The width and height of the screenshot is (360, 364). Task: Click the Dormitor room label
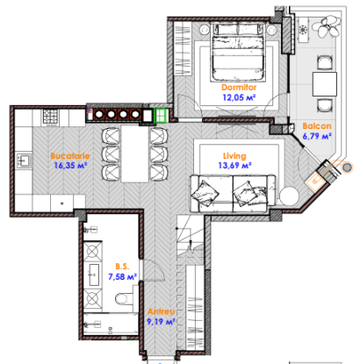(x=239, y=87)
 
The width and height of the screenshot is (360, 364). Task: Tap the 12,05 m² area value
(x=239, y=97)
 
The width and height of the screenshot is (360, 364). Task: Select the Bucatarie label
(x=70, y=156)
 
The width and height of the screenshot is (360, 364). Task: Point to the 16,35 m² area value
(x=70, y=166)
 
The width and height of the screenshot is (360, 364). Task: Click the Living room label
(x=234, y=156)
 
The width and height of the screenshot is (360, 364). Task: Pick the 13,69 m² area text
(x=234, y=166)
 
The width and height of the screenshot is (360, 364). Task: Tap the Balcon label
(x=317, y=126)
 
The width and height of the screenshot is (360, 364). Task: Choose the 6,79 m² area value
(x=317, y=136)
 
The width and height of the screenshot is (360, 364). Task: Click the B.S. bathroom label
(x=122, y=267)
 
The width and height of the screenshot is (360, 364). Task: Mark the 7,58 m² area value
(x=123, y=276)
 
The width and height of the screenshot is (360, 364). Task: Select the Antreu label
(x=161, y=311)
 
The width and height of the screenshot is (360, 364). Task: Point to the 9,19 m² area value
(x=161, y=322)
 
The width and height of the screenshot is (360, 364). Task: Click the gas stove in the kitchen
(x=51, y=118)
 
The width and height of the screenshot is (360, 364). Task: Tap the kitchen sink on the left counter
(x=24, y=161)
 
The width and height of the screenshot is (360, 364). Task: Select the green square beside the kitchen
(x=161, y=116)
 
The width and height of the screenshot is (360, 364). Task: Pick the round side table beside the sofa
(x=289, y=196)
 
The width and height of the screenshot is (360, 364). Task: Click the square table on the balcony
(x=325, y=84)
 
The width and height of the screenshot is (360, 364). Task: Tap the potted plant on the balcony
(x=328, y=26)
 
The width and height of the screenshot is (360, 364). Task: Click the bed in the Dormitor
(x=238, y=52)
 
